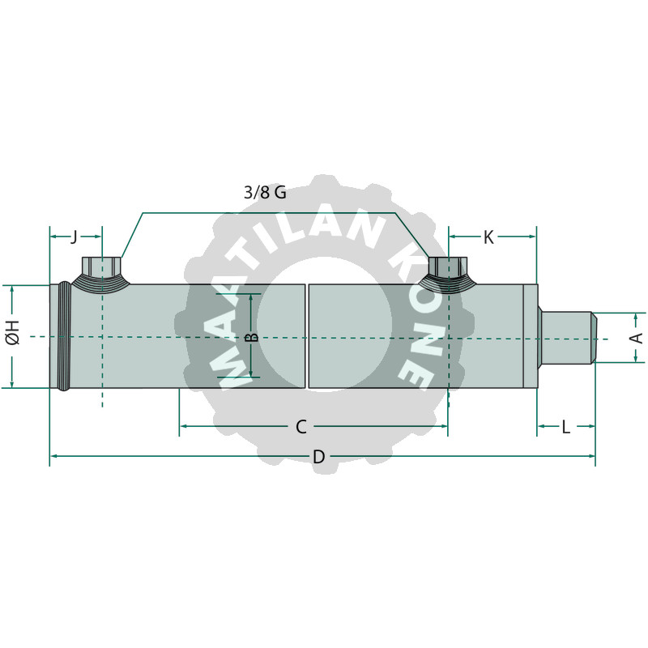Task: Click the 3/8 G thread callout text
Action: tap(265, 193)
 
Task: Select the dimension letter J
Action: tap(74, 237)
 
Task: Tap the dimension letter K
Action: tap(488, 237)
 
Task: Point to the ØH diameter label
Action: tap(13, 332)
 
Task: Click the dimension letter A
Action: tap(637, 338)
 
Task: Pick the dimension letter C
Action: tap(301, 427)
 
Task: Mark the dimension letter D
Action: tap(318, 457)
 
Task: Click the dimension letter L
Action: tap(565, 427)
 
